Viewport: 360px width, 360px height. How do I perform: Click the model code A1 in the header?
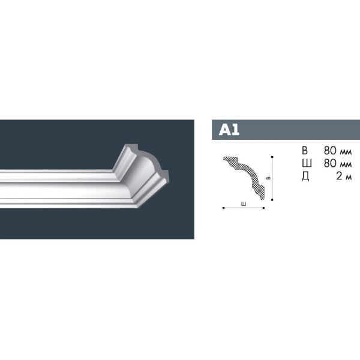coord(229,130)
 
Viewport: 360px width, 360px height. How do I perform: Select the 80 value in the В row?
coord(330,151)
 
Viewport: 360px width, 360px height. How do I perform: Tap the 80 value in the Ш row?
coord(330,163)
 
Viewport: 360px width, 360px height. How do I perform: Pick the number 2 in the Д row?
coord(339,176)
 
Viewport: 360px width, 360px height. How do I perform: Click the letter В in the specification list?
coord(305,151)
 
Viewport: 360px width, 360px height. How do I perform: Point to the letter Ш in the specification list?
coord(307,163)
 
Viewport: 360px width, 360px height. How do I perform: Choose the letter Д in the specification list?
coord(305,176)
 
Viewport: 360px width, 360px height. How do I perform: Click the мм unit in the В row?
coord(345,152)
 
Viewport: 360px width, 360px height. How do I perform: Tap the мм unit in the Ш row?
coord(345,164)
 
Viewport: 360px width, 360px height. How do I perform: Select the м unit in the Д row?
coord(349,177)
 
